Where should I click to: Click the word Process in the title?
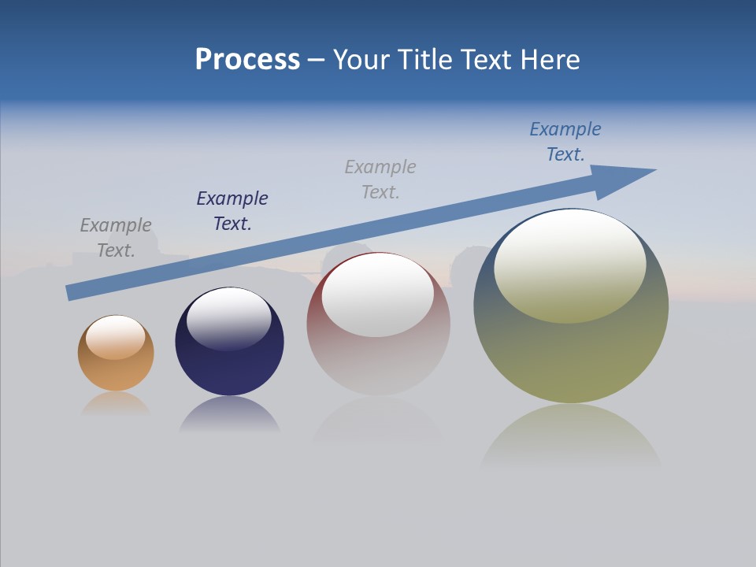[x=247, y=60]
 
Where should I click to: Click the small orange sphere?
[x=116, y=370]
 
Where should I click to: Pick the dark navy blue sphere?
[x=229, y=370]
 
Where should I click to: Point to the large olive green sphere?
[x=571, y=354]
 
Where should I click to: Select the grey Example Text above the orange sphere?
[x=116, y=238]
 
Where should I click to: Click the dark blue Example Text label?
[x=232, y=211]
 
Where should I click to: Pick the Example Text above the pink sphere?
[x=380, y=180]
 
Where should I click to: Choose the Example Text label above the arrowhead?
[x=565, y=142]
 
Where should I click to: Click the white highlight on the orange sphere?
[x=116, y=337]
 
